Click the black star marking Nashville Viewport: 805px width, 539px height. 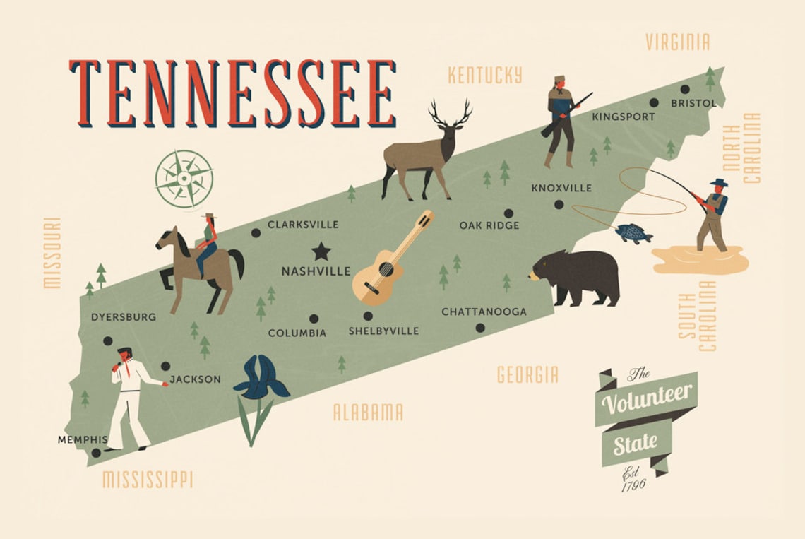[322, 250]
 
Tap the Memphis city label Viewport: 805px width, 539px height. [83, 439]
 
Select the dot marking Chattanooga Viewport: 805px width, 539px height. [480, 327]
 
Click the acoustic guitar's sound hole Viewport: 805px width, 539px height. [386, 269]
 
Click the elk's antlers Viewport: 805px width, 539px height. [450, 112]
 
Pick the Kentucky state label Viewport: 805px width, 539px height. [485, 75]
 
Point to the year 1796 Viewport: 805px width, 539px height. [633, 486]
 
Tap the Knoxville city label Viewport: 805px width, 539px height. [561, 189]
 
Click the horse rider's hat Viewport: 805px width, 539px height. [208, 216]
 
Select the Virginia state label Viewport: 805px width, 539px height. [677, 42]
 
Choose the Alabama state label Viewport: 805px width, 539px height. [368, 412]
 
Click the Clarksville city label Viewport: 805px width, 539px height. [303, 225]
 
